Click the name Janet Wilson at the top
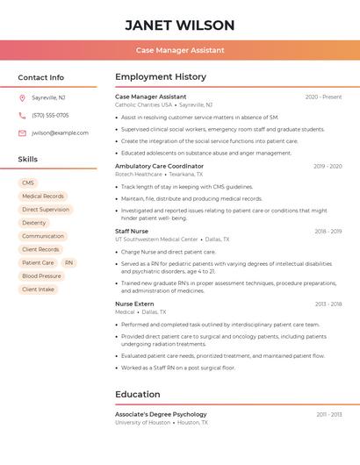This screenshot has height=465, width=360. [180, 25]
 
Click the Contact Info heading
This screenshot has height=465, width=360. [41, 77]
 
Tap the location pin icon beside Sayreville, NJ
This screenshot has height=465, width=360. [22, 97]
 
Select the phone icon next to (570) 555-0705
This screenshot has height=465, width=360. [22, 115]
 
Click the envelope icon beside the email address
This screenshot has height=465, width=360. [22, 133]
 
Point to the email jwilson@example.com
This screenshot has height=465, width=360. [60, 133]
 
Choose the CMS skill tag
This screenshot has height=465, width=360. [28, 183]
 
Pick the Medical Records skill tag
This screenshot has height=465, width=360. [43, 197]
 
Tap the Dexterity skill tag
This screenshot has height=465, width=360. [34, 223]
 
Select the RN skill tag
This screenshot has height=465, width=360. [69, 262]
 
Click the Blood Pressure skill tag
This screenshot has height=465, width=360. [41, 276]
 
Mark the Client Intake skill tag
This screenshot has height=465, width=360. [38, 290]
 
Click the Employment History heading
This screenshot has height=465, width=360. [161, 77]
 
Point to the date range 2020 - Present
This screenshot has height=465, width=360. [323, 97]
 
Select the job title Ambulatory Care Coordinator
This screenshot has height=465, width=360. [159, 166]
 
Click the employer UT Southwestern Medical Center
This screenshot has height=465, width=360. [156, 239]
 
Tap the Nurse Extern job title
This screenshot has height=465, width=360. [134, 304]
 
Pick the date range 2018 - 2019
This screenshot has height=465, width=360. [328, 232]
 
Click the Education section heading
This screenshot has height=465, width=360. [138, 394]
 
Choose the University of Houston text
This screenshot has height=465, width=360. [142, 422]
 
